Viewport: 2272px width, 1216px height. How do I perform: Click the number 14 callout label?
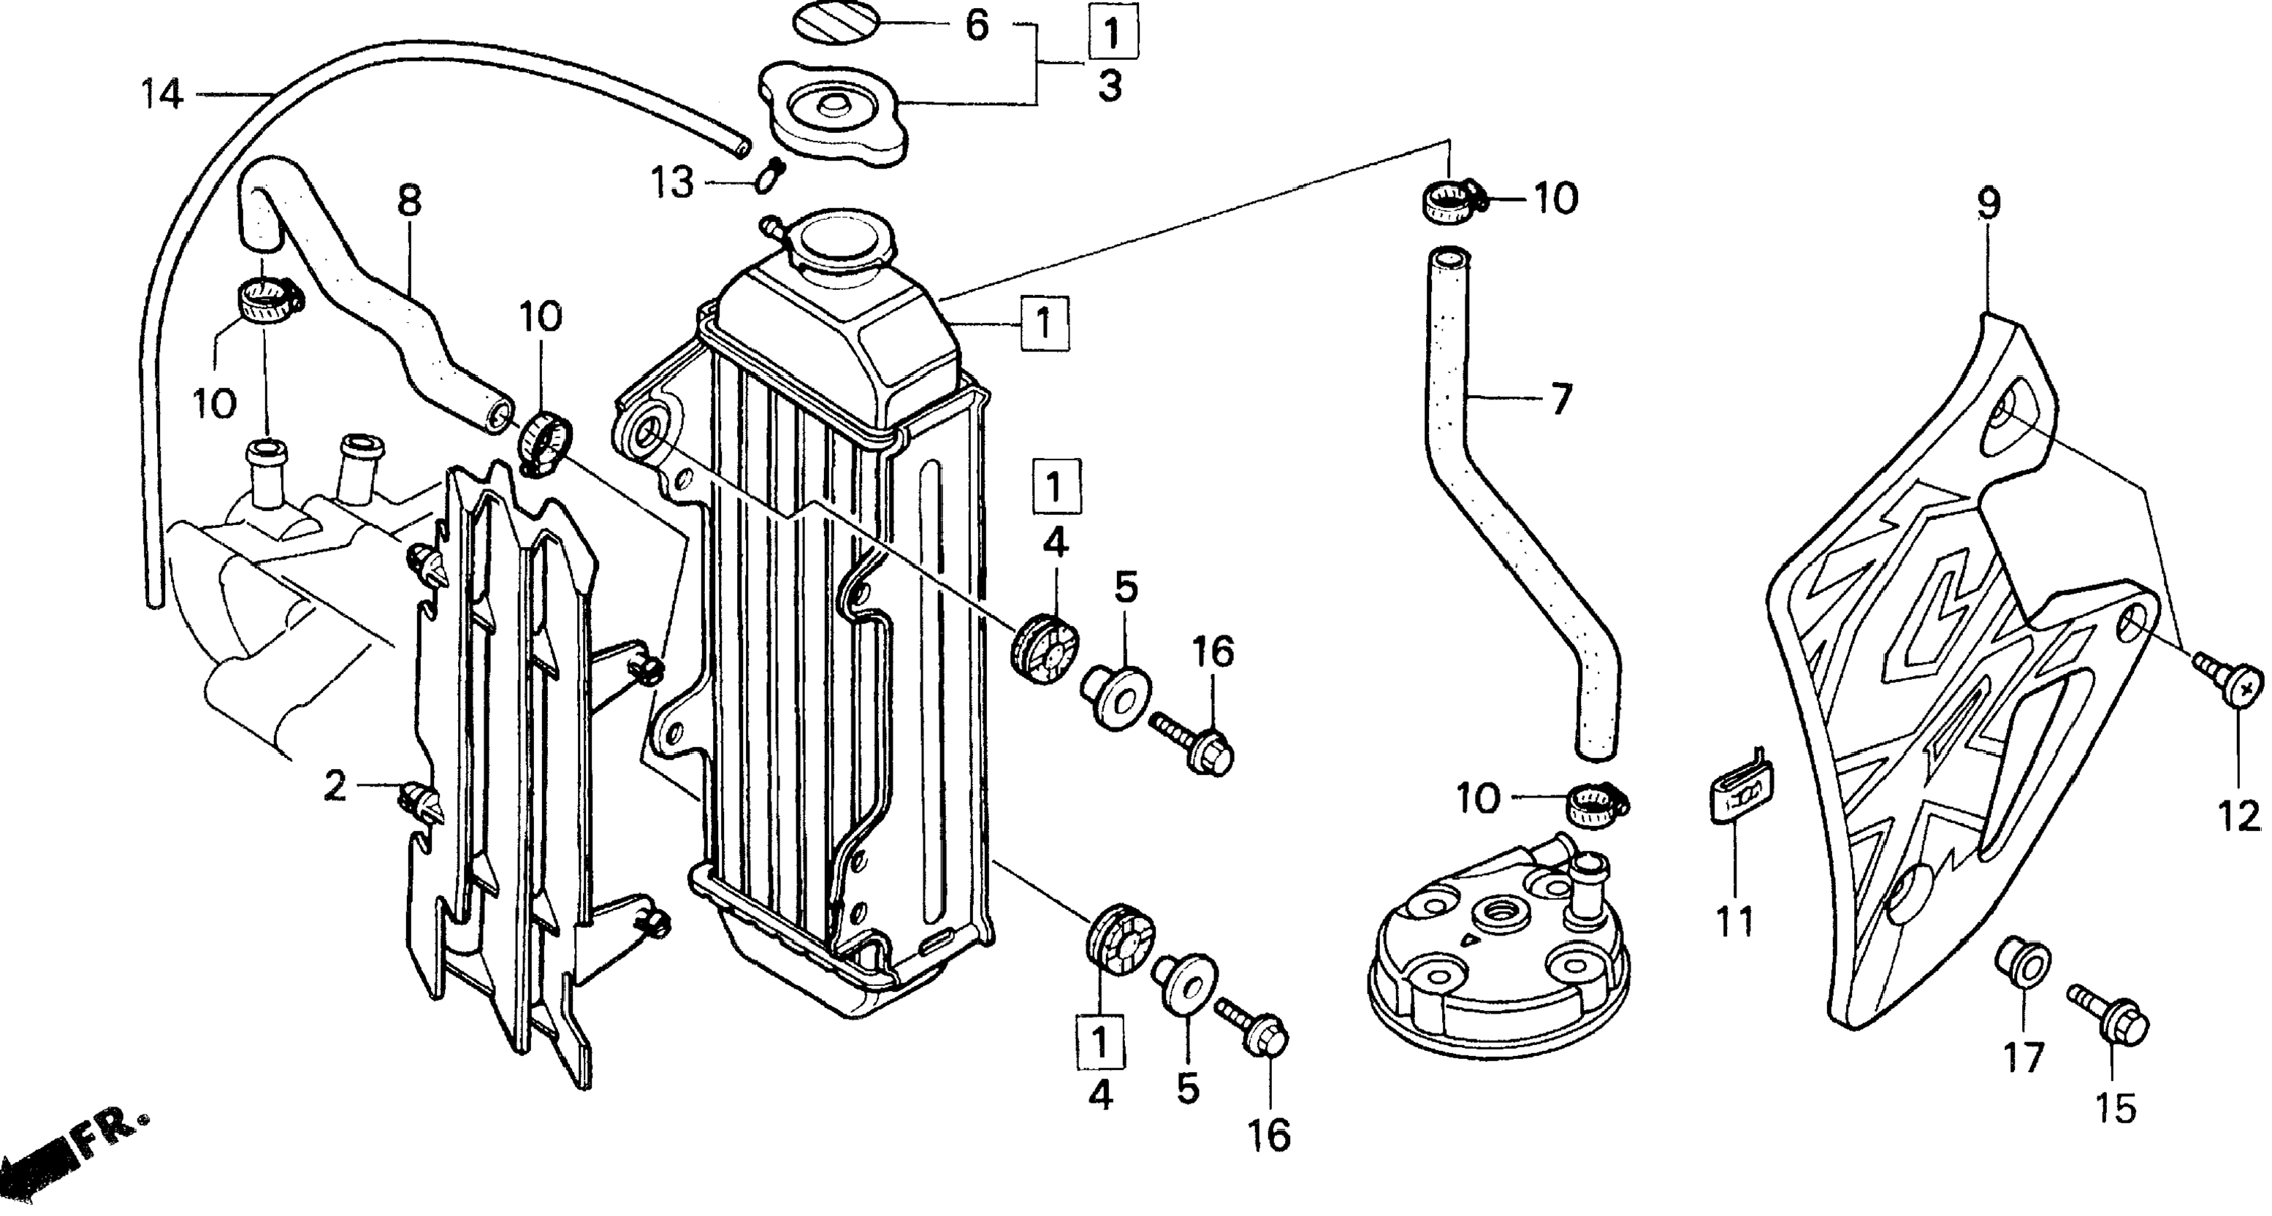point(163,94)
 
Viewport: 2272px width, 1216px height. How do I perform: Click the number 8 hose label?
point(409,201)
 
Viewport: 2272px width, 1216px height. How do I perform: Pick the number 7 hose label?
point(1560,400)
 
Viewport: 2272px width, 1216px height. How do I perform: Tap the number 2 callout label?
point(335,787)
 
